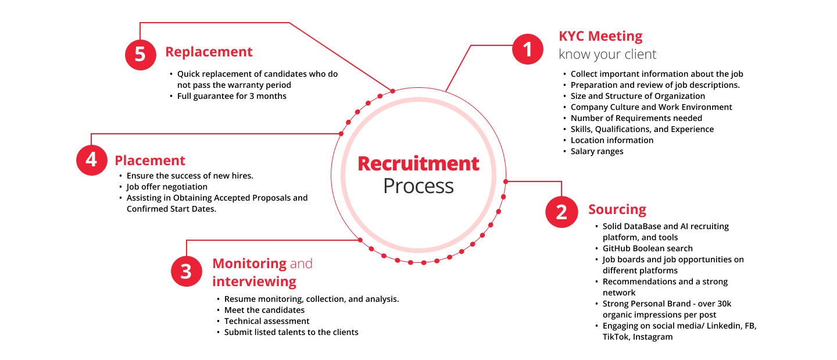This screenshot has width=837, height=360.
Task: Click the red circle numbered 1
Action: [527, 49]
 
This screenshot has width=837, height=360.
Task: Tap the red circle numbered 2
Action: [561, 212]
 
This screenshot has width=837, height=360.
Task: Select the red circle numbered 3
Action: [186, 272]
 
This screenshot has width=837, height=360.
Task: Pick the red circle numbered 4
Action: [92, 160]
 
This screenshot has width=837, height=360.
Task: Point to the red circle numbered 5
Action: [141, 55]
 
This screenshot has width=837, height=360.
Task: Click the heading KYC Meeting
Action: [600, 36]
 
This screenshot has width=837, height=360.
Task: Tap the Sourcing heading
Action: [617, 209]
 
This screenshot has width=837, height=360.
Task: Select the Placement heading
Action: [150, 161]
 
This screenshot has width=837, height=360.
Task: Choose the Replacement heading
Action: [209, 52]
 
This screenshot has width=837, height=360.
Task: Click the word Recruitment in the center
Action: [419, 163]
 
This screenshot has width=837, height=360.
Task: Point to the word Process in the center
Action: [419, 186]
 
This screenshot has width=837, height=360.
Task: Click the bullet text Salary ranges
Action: [597, 151]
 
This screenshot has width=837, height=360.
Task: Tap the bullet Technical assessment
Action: [267, 321]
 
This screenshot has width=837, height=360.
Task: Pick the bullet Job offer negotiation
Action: [167, 187]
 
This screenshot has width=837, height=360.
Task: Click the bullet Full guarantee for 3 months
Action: [232, 96]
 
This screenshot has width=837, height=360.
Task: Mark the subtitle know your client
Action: [607, 54]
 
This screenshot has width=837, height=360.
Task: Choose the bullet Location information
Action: [612, 140]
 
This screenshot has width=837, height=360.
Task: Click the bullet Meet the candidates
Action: [264, 310]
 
